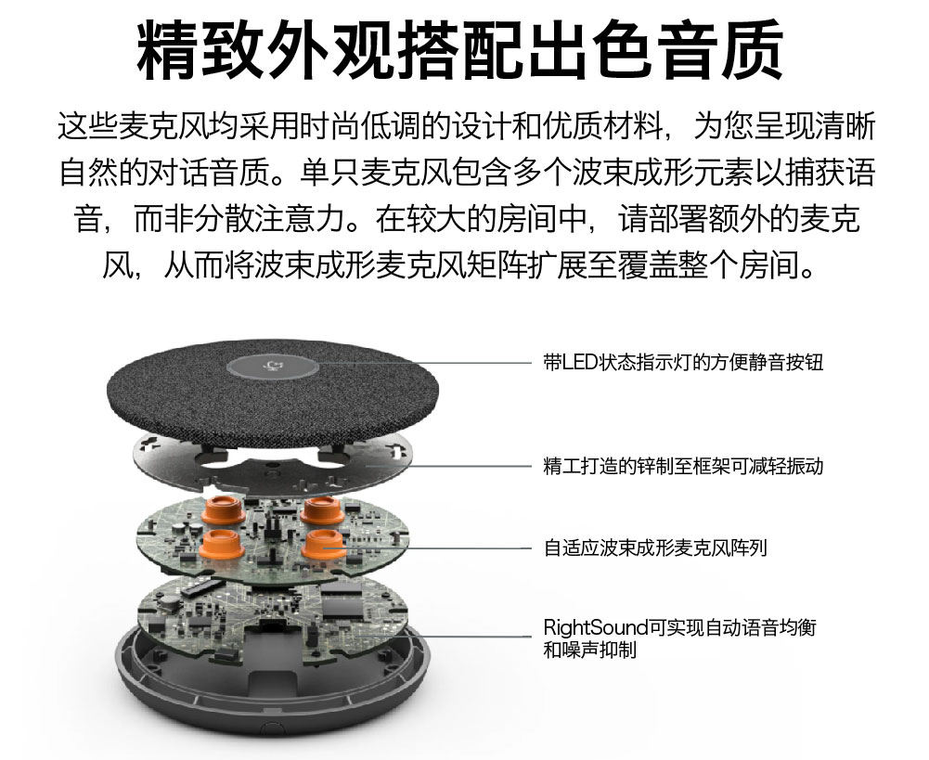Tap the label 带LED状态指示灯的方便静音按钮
click(683, 362)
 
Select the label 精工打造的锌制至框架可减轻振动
click(683, 466)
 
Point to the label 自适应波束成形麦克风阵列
click(655, 547)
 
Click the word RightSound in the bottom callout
click(596, 627)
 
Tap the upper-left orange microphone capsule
click(223, 509)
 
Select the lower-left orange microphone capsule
click(220, 543)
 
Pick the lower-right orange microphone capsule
click(324, 544)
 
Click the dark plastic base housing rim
click(273, 716)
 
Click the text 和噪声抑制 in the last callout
click(590, 651)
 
